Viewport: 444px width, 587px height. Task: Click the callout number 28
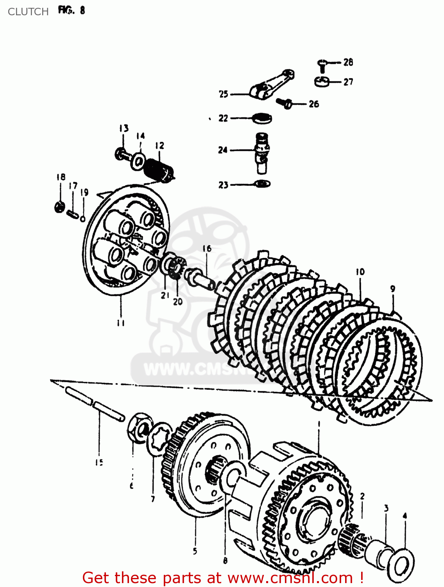(348, 62)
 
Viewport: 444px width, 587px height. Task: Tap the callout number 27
(348, 82)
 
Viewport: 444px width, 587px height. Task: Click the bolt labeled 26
(284, 103)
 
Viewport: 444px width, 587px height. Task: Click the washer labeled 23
(262, 183)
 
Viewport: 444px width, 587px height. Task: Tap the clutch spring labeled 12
(158, 170)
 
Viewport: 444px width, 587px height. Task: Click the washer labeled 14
(138, 160)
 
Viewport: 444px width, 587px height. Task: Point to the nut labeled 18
(59, 206)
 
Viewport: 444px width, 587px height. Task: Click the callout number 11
(121, 323)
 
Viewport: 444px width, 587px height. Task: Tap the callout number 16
(207, 248)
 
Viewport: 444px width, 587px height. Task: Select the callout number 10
(360, 272)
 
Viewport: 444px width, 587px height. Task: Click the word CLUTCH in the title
(28, 12)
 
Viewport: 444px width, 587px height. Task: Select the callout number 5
(195, 551)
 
